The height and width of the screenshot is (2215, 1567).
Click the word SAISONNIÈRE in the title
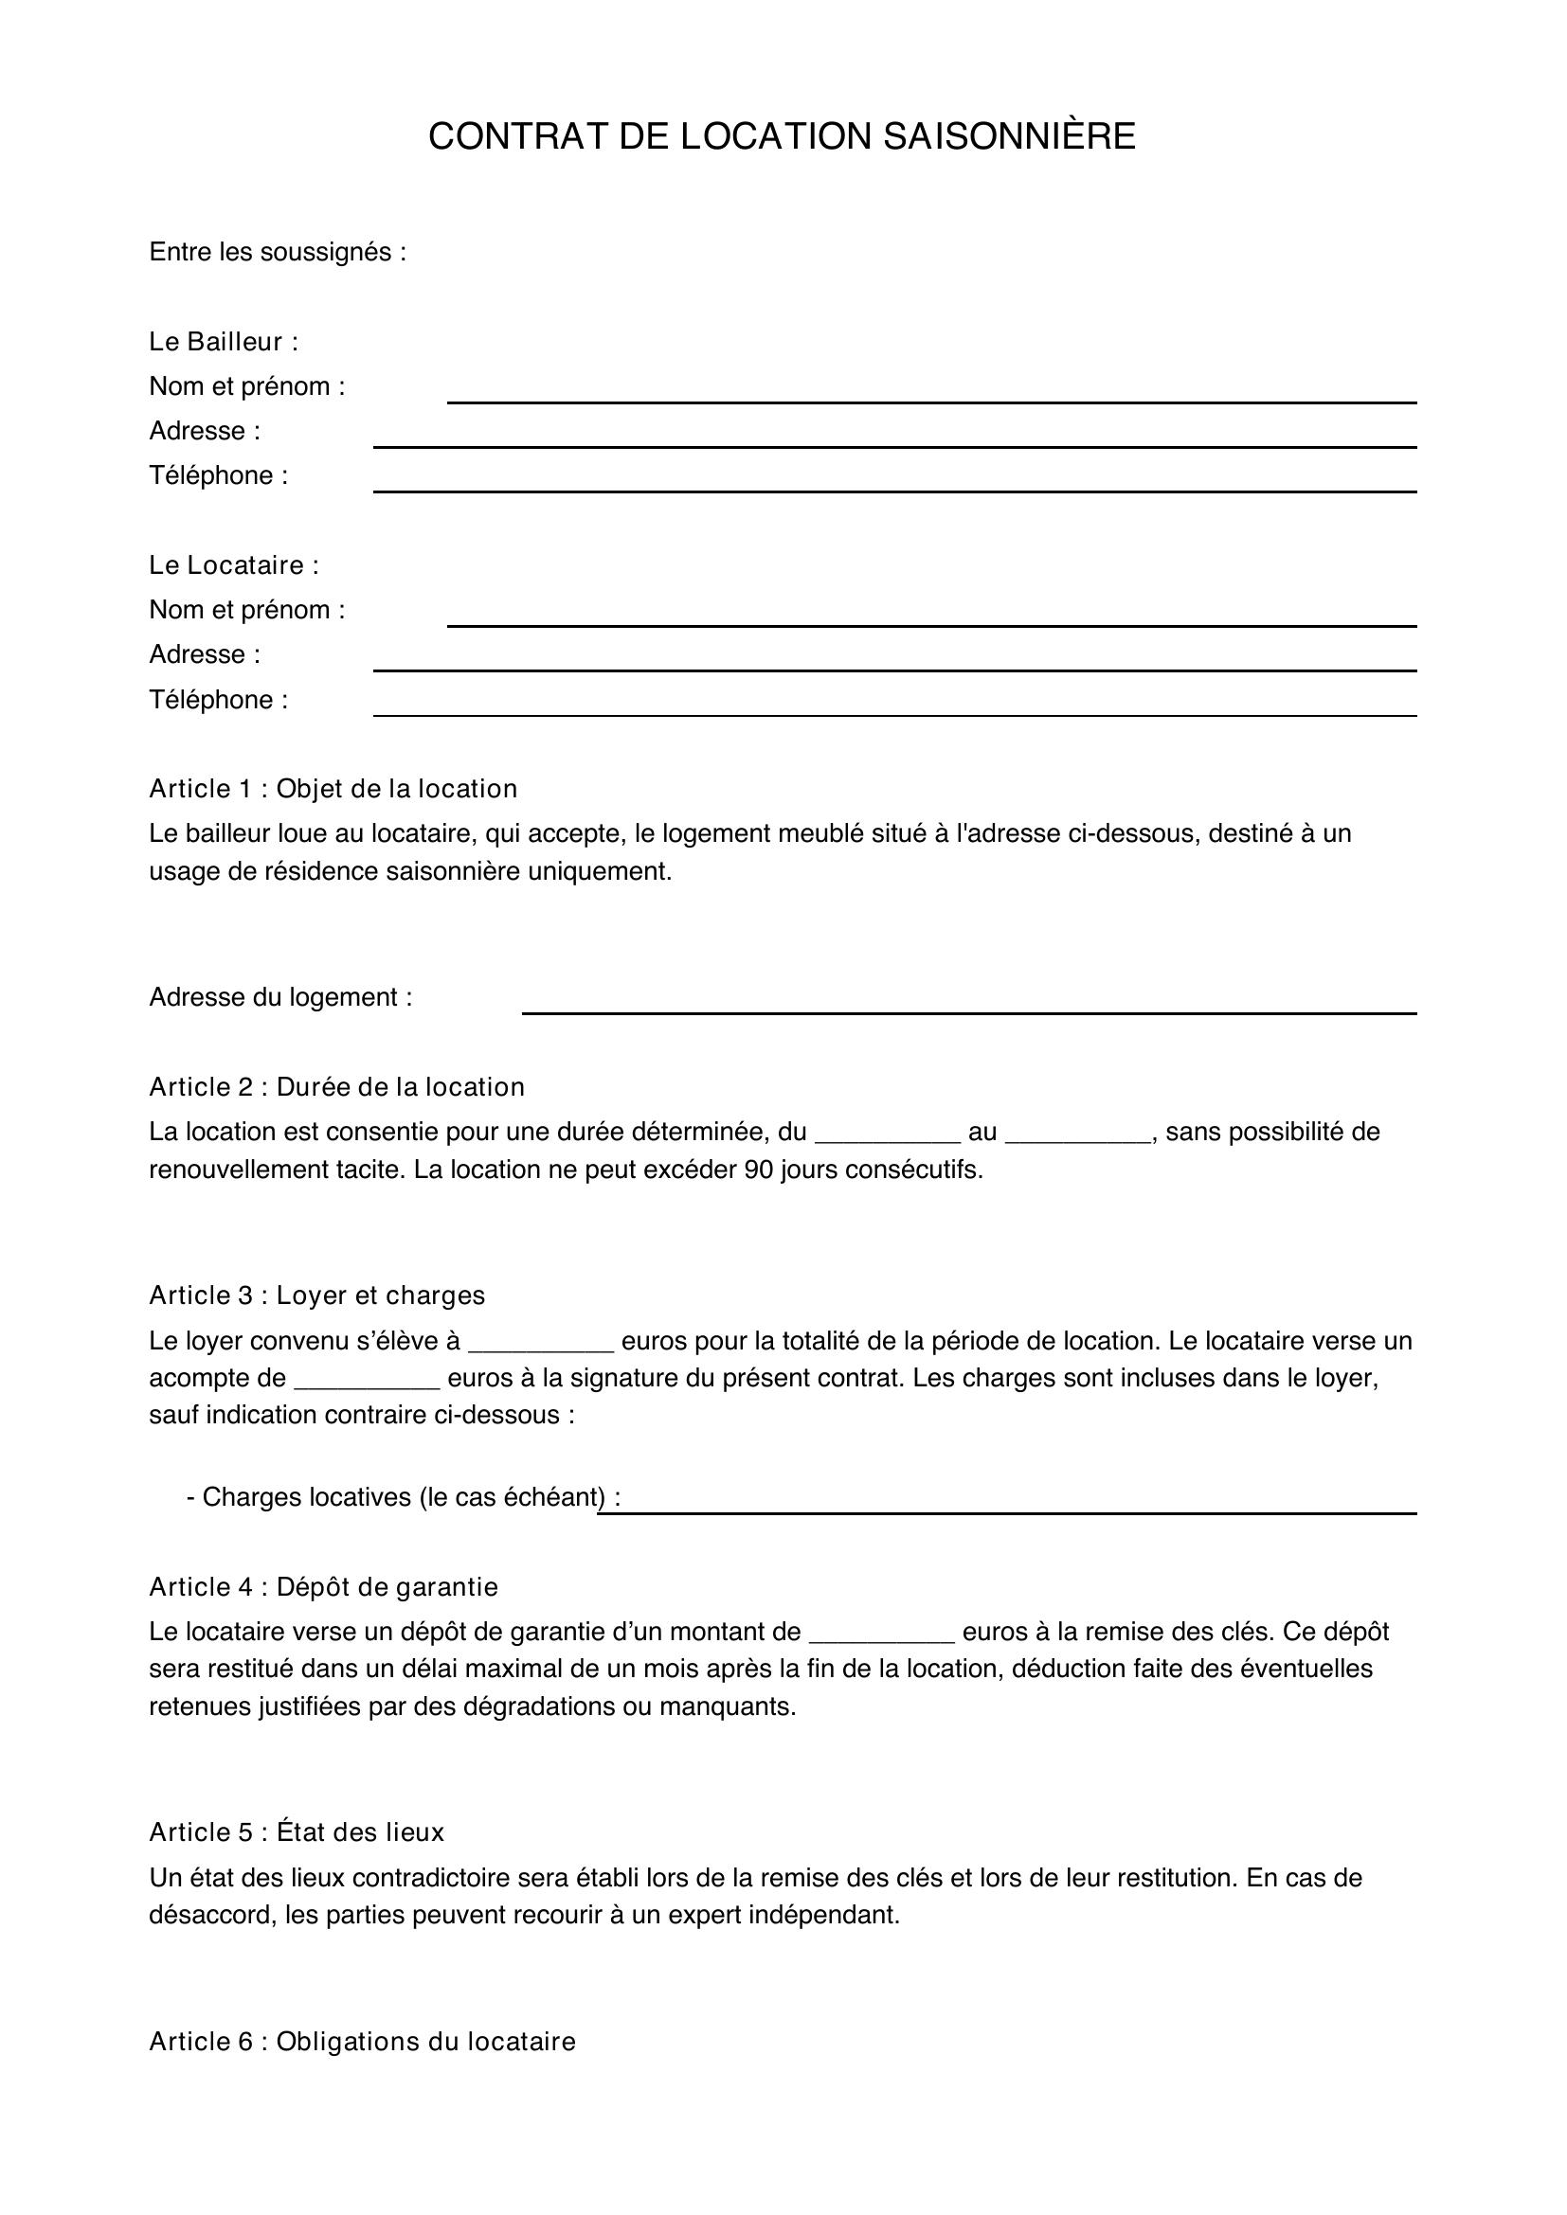tap(1009, 137)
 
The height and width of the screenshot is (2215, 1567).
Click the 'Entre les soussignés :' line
tap(277, 253)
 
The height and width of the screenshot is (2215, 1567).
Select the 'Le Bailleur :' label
tap(223, 342)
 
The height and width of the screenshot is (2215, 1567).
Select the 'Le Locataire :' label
tap(233, 565)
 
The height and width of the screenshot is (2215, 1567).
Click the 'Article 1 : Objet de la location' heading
tap(333, 789)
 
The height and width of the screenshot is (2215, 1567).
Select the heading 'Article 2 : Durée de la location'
tap(336, 1087)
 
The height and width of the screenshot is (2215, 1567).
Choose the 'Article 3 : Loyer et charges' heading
tap(316, 1295)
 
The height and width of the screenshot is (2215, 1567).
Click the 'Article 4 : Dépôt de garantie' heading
tap(323, 1587)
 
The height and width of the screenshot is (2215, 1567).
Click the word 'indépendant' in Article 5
tap(827, 1915)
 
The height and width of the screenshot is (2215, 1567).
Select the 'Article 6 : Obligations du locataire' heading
tap(362, 2042)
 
